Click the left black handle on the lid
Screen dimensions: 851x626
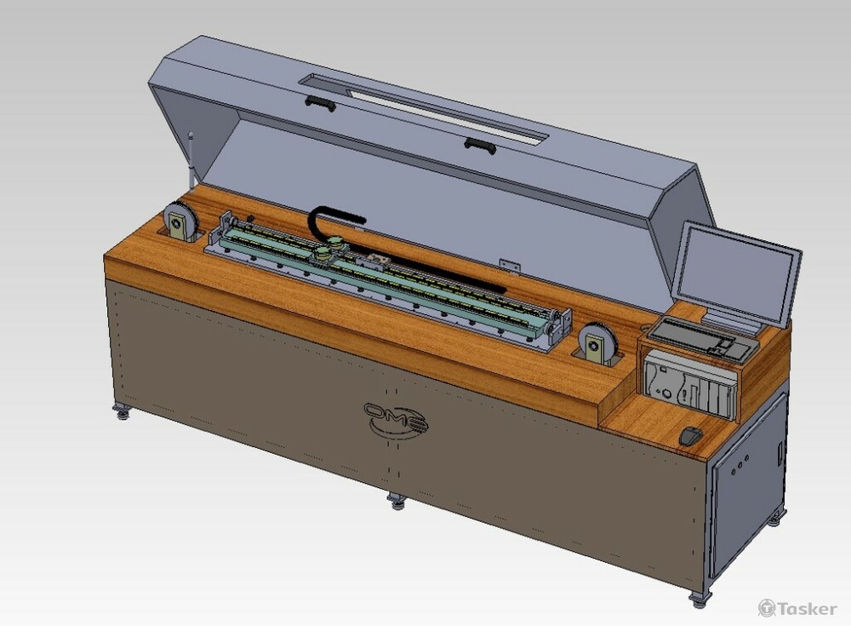tap(320, 103)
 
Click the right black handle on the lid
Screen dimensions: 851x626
tap(480, 145)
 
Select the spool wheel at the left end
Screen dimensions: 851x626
tap(181, 221)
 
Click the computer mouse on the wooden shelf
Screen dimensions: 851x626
tap(691, 436)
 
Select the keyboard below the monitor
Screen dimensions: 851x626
tap(703, 338)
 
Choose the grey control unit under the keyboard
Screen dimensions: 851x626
tap(690, 382)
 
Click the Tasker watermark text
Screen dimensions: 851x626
tap(807, 609)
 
